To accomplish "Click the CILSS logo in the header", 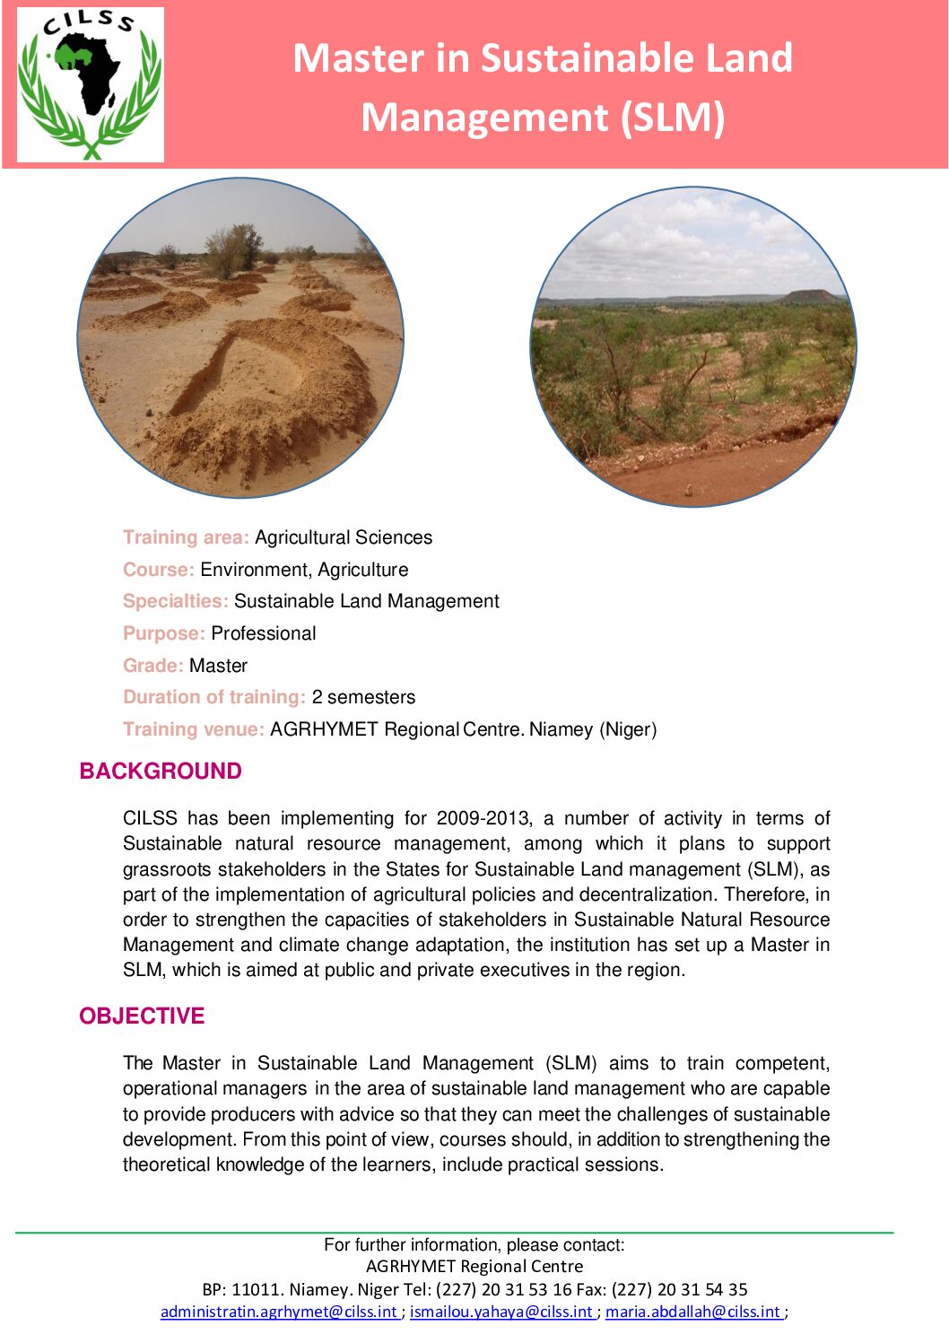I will (91, 84).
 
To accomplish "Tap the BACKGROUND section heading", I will (161, 772).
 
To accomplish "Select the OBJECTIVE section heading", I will (142, 1016).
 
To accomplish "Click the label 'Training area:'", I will (186, 537).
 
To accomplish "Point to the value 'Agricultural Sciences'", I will (344, 537).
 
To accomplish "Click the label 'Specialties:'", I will (176, 601).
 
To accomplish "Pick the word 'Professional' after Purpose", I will (264, 633).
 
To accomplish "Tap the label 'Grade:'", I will (153, 666).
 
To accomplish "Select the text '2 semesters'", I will (363, 697).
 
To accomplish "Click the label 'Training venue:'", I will (194, 729).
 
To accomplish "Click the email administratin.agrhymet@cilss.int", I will (279, 1312).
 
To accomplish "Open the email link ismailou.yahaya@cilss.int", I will (501, 1312).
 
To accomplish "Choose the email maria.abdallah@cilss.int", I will (692, 1312).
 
